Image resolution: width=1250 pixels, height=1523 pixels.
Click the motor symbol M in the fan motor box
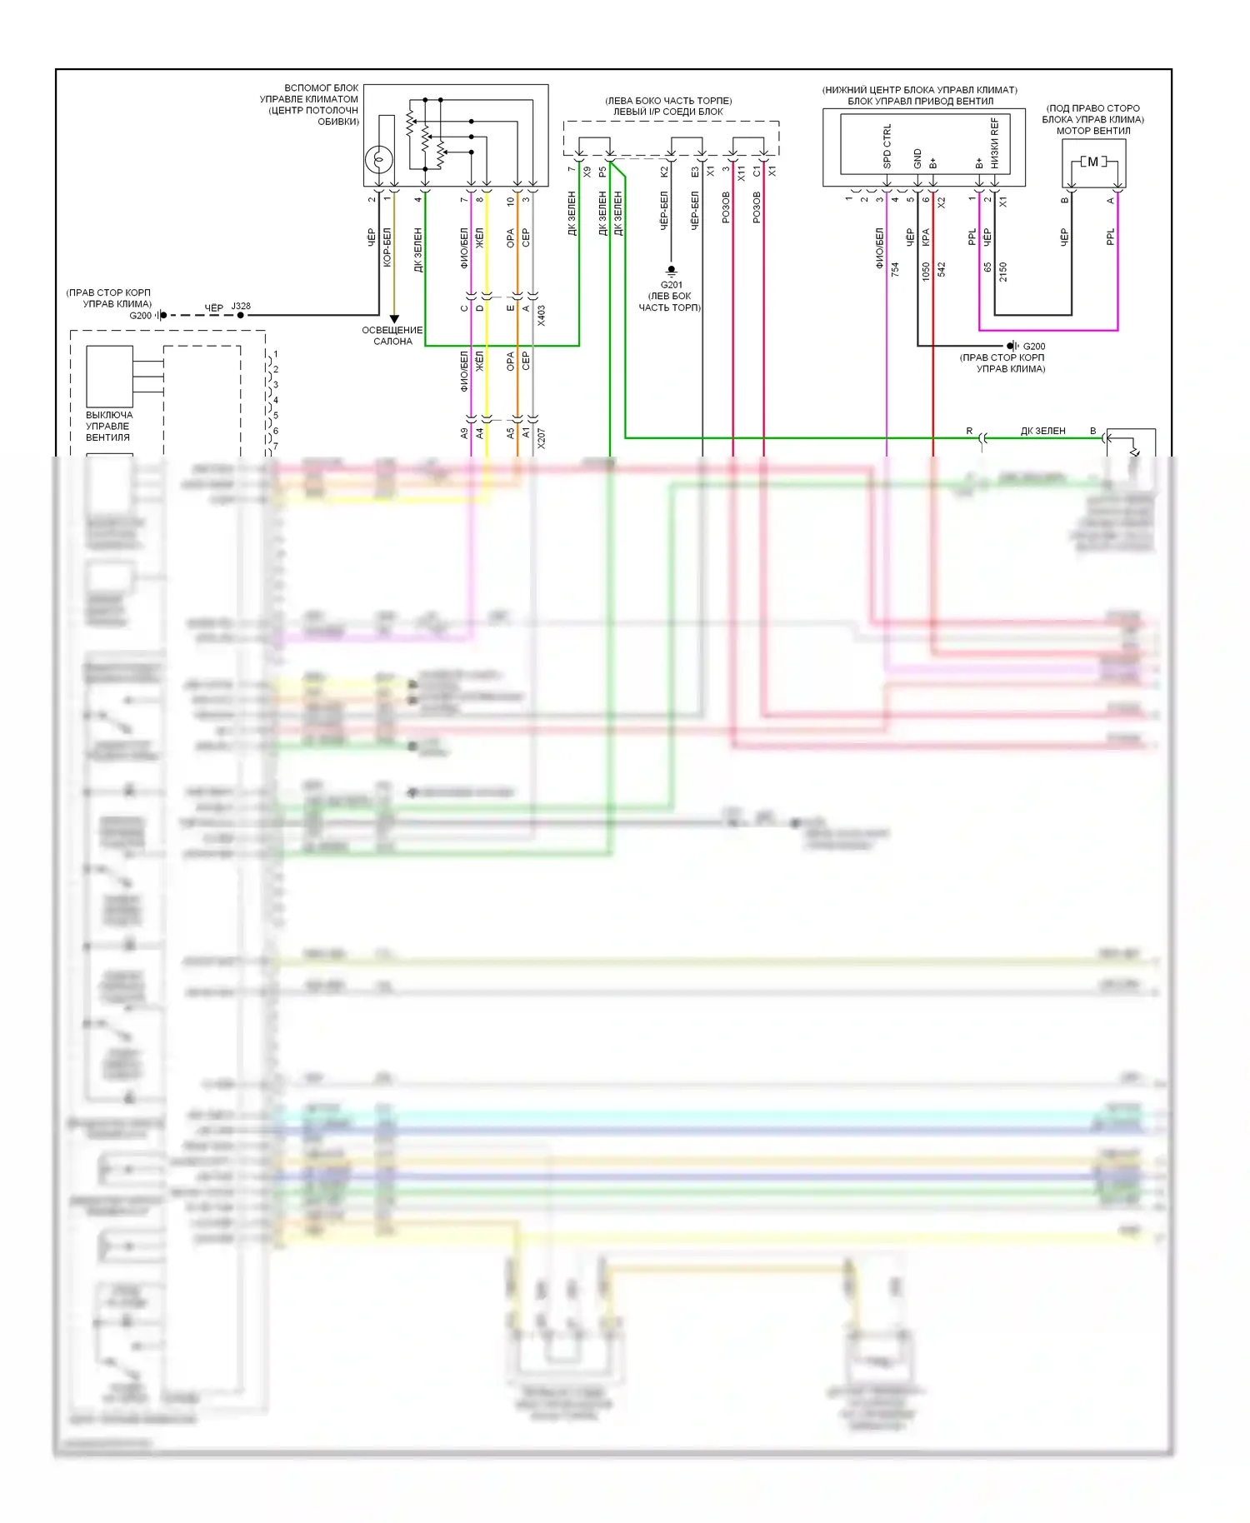1093,162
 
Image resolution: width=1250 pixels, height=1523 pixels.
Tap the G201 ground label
671,285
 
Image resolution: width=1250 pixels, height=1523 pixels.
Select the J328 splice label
241,306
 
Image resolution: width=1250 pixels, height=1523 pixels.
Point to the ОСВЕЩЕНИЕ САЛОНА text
392,336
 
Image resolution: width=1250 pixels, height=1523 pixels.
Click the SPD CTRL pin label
887,147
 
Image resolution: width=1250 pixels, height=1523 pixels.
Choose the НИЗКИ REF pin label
995,143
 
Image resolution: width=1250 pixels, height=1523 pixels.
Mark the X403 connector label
542,314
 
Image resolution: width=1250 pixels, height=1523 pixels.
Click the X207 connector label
542,438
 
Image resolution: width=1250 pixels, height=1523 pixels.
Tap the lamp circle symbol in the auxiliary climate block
380,157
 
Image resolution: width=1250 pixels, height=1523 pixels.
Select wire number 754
895,269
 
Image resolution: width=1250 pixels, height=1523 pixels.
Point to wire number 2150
1003,271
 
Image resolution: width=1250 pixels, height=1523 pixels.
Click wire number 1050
926,271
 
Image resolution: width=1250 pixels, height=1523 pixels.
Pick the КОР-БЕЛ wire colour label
387,247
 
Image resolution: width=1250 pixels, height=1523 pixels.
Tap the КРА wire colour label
926,237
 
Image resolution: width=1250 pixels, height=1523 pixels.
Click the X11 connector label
742,173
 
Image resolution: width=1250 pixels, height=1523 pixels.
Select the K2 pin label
664,172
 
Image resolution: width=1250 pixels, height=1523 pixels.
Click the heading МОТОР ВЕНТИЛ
1093,131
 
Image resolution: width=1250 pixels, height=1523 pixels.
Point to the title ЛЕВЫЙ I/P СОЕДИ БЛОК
668,112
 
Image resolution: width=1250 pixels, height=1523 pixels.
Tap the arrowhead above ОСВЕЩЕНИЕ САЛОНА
394,319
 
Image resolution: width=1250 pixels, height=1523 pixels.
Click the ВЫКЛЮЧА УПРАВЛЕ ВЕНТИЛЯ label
108,426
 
